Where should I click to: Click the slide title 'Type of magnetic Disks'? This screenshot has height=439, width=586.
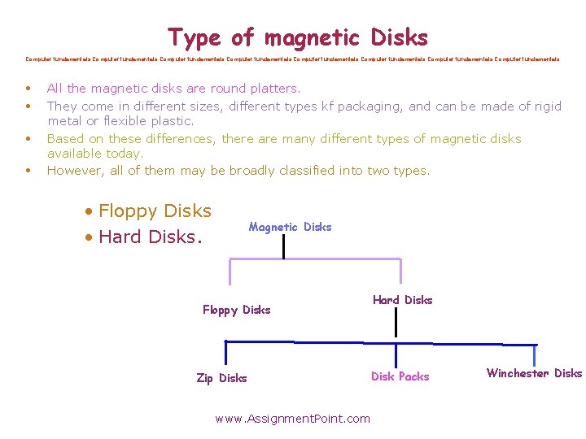point(297,37)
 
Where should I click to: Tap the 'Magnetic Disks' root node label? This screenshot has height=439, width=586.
point(290,227)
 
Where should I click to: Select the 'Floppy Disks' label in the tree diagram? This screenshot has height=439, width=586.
point(236,310)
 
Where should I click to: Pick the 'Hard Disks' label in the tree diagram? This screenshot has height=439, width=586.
point(402,300)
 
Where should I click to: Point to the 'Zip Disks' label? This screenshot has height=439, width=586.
point(221,378)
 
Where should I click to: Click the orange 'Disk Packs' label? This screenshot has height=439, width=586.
point(400,376)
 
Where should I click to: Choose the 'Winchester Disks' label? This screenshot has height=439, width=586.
point(534,373)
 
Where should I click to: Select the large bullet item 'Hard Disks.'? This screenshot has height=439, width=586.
point(150,237)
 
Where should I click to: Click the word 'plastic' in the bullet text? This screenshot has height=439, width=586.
point(168,121)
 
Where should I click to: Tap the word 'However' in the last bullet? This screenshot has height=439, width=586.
point(74,170)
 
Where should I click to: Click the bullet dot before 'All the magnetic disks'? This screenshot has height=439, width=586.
point(28,88)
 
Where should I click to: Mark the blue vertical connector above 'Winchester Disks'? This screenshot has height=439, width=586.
point(534,355)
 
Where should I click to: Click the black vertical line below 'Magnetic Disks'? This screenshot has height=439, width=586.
point(283,247)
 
